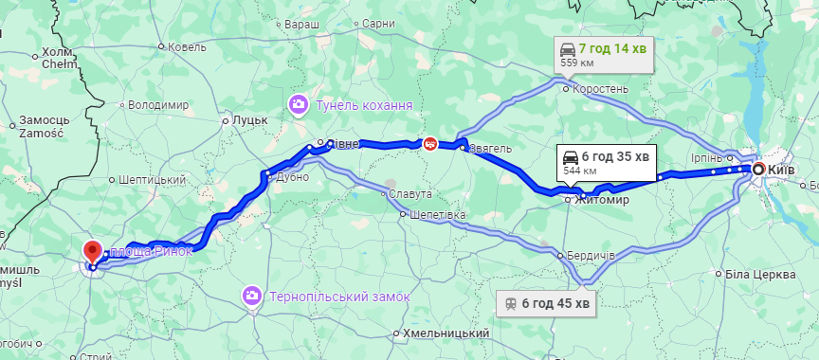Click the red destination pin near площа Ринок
coord(92,252)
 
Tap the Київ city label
coord(781,169)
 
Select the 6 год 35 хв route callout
coord(607,161)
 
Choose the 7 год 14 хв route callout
coord(605,54)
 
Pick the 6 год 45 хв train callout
coord(548,303)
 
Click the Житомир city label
coord(604,200)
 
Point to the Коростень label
coord(601,89)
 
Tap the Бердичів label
coord(593,256)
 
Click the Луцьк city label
coord(251,120)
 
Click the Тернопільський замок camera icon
coord(252,296)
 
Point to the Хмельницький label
coord(446,333)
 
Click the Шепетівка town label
coord(439,215)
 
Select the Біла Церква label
coord(759,275)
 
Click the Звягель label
coord(492,148)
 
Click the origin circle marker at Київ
coord(758,169)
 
